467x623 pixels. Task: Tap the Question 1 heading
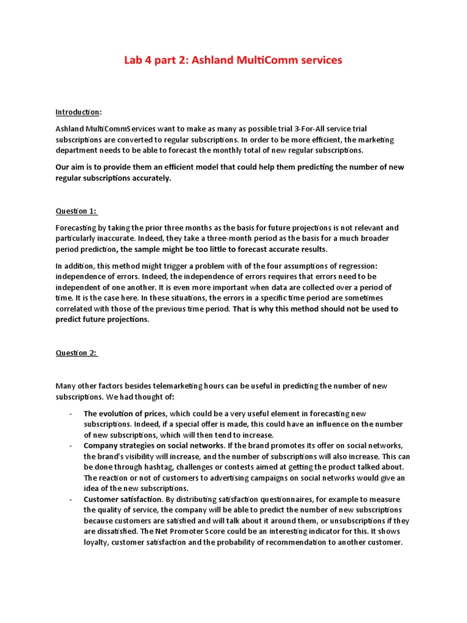(76, 211)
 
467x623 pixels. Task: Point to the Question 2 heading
(76, 353)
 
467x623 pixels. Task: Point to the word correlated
(75, 309)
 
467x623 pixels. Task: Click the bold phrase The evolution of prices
(125, 414)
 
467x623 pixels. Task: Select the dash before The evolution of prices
(71, 414)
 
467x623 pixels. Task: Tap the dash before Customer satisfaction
(71, 499)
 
